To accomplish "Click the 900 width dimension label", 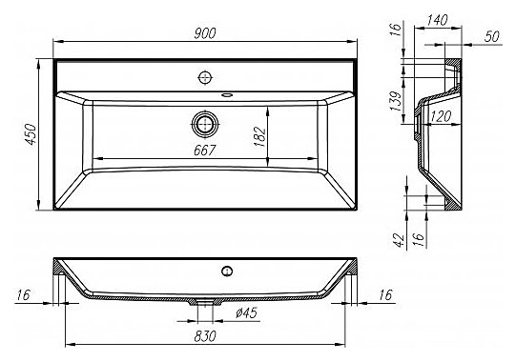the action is point(204,33).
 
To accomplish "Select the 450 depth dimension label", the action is point(31,134).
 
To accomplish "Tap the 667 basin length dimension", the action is point(204,151).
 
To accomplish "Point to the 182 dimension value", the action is point(260,136).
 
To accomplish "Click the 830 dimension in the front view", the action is point(205,336).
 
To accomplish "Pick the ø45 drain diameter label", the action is point(246,312).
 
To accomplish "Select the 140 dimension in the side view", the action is point(437,20).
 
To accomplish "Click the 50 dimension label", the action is point(491,36).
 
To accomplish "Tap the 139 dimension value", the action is point(396,101).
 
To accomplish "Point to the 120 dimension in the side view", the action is point(441,116).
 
